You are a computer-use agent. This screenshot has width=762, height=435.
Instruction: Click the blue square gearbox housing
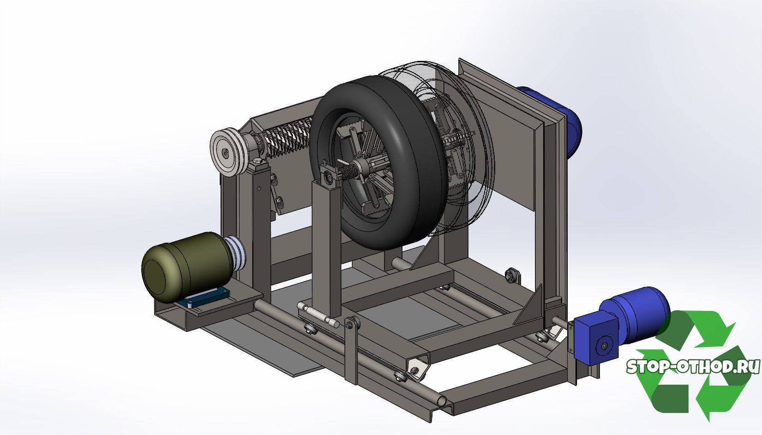(595, 340)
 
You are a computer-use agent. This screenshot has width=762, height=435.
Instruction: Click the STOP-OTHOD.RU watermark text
(693, 367)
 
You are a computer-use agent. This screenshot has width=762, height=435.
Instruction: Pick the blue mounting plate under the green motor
(203, 298)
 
